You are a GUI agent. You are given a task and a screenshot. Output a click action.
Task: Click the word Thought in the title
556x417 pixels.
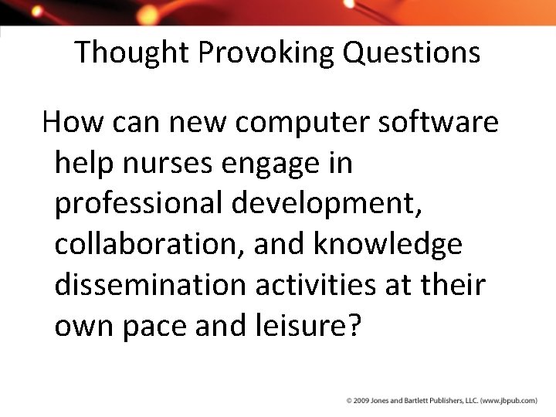click(132, 53)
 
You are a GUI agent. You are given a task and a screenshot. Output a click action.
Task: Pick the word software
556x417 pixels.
click(439, 122)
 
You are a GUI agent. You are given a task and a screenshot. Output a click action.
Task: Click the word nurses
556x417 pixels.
click(173, 163)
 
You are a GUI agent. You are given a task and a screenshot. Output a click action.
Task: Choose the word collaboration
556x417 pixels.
click(142, 245)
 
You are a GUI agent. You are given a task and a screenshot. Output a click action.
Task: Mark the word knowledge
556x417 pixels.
click(388, 245)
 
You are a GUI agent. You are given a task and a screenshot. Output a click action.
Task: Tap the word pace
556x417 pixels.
click(151, 327)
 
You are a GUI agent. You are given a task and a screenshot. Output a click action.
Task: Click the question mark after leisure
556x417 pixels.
click(353, 325)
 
